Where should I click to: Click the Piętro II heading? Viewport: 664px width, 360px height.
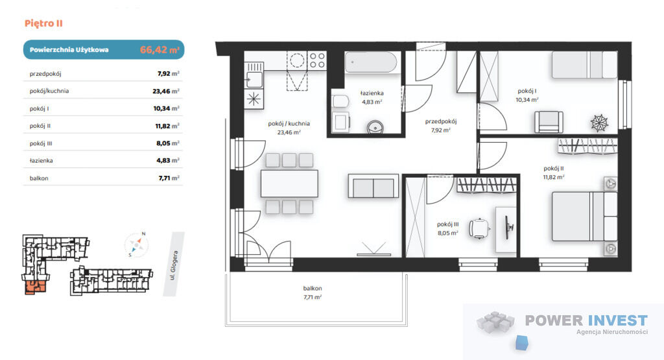43,23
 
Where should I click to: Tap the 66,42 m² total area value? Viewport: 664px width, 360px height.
160,49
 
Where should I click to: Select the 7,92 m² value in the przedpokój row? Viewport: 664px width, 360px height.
168,73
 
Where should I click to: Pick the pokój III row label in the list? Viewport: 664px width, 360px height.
41,143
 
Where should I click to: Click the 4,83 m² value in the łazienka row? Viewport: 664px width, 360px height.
168,160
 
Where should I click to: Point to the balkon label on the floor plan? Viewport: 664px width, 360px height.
313,289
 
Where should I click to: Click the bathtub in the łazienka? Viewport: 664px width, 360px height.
371,62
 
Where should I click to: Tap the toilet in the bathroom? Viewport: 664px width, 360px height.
340,101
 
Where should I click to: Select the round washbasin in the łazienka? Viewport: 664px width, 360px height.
375,126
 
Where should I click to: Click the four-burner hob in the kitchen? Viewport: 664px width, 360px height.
316,60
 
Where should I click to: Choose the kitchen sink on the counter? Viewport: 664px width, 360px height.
254,79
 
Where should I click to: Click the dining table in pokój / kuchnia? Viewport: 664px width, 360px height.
289,184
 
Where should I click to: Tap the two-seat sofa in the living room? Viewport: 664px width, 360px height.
373,186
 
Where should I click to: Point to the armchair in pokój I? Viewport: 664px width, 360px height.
549,122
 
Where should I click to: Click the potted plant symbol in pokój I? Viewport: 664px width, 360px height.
599,123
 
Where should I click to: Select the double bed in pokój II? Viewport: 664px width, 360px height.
584,217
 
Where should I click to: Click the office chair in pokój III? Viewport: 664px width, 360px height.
479,229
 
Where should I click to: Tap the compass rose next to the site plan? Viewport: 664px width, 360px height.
137,245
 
